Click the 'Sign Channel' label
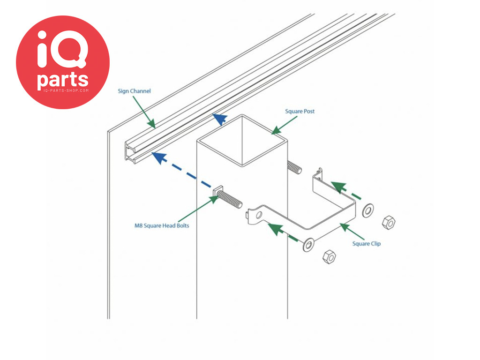[x=134, y=91]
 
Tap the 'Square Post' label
[x=300, y=112]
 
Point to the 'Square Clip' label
[x=367, y=244]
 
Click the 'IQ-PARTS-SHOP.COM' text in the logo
[x=63, y=90]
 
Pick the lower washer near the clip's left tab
[x=308, y=244]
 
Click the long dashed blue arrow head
[x=159, y=157]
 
